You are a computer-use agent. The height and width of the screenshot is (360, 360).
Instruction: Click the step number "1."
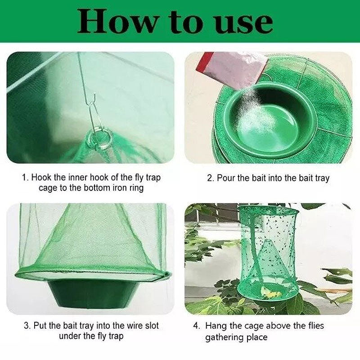26,178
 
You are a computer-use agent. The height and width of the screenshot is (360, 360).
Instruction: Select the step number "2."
210,178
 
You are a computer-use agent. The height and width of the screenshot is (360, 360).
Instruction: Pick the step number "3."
26,325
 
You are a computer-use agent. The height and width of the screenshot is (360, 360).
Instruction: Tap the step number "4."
196,325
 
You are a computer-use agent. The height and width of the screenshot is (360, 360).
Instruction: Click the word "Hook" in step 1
41,178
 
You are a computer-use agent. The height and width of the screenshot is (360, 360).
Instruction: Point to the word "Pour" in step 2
226,178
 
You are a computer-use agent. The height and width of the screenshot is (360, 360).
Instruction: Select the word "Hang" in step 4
215,325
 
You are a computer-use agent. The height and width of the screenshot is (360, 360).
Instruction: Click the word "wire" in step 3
132,325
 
